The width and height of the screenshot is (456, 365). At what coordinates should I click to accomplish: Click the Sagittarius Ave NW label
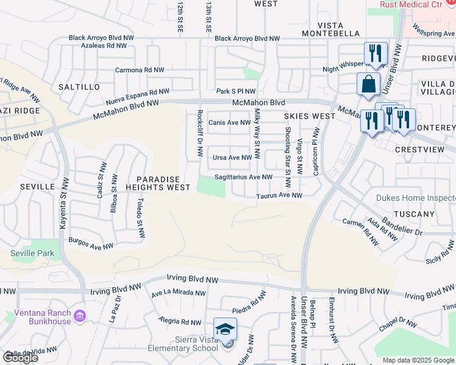pos(243,177)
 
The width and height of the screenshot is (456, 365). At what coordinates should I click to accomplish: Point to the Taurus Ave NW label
pos(279,196)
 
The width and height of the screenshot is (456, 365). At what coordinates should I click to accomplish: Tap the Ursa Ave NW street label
pos(232,158)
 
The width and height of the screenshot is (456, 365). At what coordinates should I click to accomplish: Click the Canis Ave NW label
pos(229,122)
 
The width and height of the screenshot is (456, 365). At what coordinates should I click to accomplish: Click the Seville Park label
pos(32,253)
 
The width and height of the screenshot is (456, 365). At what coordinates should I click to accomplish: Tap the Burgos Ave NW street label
pos(91,244)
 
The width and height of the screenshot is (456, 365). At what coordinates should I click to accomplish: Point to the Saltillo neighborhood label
pos(79,87)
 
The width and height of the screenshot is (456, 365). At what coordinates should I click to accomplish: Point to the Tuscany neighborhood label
pos(415,214)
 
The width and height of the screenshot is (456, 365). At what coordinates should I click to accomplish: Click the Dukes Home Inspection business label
pos(416,198)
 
